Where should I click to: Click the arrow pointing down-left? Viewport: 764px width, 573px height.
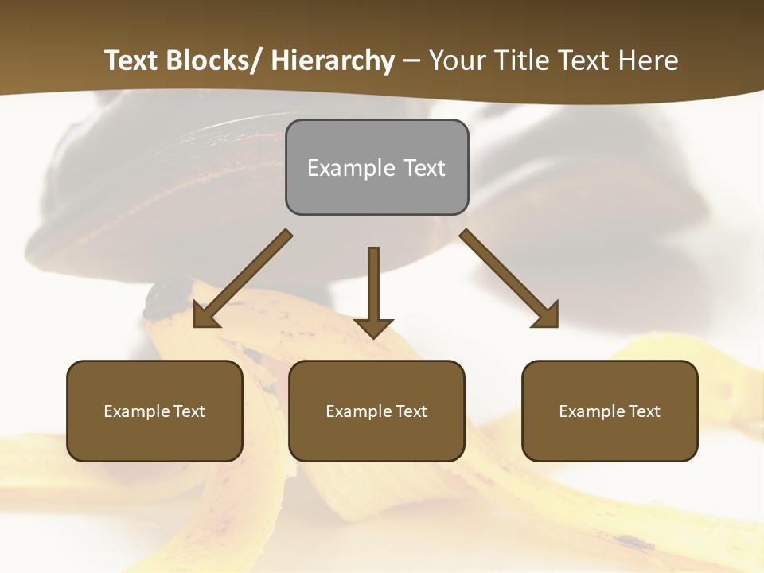(242, 279)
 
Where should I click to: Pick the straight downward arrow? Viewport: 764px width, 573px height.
(373, 290)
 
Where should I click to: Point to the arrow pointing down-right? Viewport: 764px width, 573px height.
(509, 279)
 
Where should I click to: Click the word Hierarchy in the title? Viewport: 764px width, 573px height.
(333, 61)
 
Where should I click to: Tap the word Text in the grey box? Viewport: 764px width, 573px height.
(423, 168)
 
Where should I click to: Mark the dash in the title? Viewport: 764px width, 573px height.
(411, 61)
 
